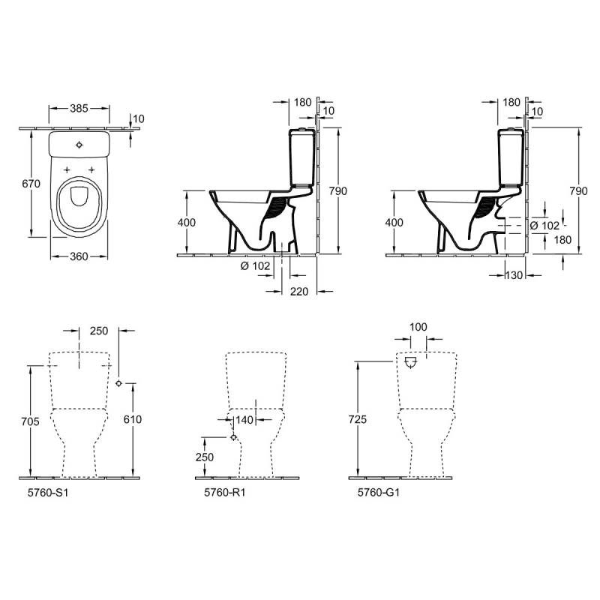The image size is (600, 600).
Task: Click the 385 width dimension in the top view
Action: (x=79, y=108)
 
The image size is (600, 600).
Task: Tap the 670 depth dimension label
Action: (x=31, y=184)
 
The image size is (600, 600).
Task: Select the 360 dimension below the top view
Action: (x=79, y=256)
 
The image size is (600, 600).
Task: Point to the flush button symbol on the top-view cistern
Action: (x=79, y=145)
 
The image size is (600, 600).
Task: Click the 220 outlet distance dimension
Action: (x=298, y=292)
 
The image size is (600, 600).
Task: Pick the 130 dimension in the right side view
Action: (x=514, y=275)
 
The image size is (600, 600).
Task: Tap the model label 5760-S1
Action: (x=48, y=493)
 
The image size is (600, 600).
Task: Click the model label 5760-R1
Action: (x=224, y=493)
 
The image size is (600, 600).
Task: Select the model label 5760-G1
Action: (x=379, y=493)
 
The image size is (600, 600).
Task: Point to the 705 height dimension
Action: (x=31, y=421)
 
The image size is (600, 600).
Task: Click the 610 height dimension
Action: (x=133, y=419)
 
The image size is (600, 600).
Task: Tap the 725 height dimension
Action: (x=358, y=419)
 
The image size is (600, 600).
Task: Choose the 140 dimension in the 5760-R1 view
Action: (x=244, y=420)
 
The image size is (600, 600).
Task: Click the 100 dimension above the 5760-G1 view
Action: (x=418, y=327)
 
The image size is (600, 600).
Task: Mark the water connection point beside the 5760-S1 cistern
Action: (x=118, y=383)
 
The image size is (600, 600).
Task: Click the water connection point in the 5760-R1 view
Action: (x=234, y=437)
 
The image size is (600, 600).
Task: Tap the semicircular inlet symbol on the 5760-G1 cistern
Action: (x=410, y=362)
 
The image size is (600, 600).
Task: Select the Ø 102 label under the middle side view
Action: (x=255, y=265)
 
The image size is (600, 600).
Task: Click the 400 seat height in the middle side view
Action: (x=187, y=222)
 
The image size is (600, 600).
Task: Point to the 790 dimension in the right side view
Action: (x=578, y=191)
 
